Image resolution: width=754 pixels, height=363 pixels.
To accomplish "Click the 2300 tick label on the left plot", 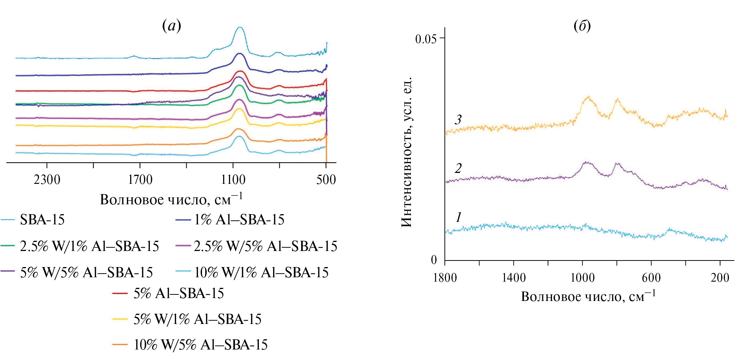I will click(47, 179).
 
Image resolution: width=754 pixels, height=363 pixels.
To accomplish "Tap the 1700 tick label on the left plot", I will click(140, 179).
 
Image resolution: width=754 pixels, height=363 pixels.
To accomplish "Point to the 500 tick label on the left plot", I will click(326, 179).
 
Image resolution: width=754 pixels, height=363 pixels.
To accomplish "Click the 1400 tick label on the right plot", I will click(513, 278).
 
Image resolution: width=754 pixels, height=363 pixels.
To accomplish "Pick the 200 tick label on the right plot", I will click(720, 278).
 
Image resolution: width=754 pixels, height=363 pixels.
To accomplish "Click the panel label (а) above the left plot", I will click(171, 26).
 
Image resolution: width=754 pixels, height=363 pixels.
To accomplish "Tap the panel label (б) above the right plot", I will click(582, 26).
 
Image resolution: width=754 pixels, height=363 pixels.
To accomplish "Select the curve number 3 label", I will click(458, 119).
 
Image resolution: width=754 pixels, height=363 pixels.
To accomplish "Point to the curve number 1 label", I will click(458, 217).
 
